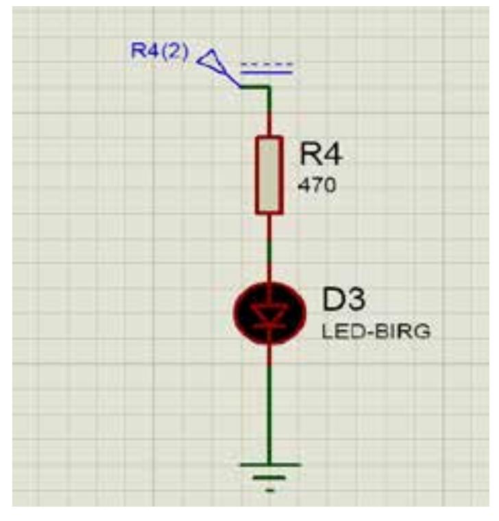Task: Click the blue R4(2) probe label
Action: tap(160, 52)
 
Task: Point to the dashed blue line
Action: tap(267, 64)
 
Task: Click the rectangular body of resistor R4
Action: tap(269, 175)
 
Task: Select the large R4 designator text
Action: tap(320, 156)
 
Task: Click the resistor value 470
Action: tap(317, 185)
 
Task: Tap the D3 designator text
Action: tap(345, 301)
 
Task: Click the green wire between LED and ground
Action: tap(269, 404)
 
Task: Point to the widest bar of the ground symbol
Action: tap(269, 465)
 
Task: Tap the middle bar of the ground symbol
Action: tap(269, 478)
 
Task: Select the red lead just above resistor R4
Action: tap(269, 123)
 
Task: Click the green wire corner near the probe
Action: tap(268, 87)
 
